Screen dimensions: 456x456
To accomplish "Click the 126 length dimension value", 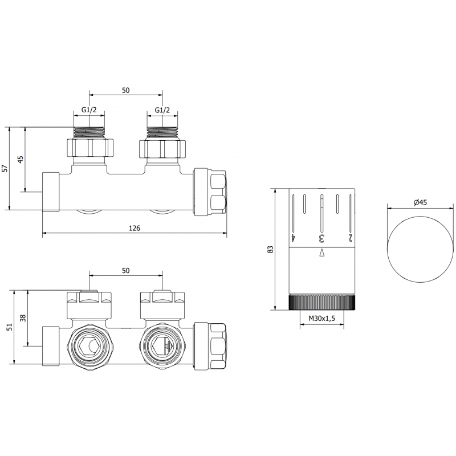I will point(135,227).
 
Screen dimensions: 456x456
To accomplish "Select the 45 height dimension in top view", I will point(21,159).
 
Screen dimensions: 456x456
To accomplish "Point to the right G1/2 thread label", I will point(163,111).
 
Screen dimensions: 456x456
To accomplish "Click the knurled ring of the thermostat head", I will point(322,302).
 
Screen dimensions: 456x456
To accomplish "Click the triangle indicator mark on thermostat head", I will point(321,252).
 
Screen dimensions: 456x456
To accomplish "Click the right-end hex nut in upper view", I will point(212,192).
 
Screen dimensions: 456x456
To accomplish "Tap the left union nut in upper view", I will point(90,149).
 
